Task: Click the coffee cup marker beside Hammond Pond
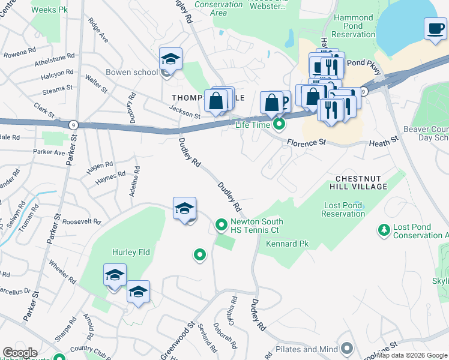tap(434, 28)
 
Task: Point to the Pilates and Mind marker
tap(346, 349)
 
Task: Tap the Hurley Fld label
tap(130, 253)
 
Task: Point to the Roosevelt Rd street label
tap(81, 221)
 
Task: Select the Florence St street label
tap(306, 143)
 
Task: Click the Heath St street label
tap(384, 140)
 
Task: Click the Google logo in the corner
tap(20, 353)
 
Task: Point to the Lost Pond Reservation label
tap(343, 210)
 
